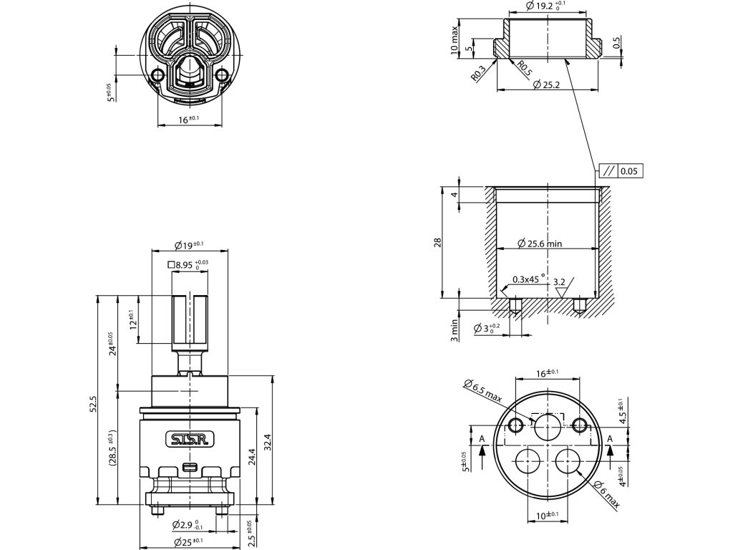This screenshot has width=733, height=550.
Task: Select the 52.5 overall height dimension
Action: point(93,403)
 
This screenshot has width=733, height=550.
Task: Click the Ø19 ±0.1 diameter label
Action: point(188,245)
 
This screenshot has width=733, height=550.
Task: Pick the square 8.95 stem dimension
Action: point(188,265)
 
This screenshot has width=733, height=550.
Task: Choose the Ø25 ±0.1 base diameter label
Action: point(188,542)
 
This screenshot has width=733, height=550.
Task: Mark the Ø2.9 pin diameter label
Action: point(188,525)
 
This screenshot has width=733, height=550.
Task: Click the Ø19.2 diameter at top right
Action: point(545,6)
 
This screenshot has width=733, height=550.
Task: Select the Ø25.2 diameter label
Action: point(547,85)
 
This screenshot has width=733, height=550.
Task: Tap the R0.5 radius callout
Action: point(525,70)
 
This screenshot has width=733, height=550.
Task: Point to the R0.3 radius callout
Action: point(479,73)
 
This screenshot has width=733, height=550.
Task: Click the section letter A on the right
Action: point(610,438)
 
